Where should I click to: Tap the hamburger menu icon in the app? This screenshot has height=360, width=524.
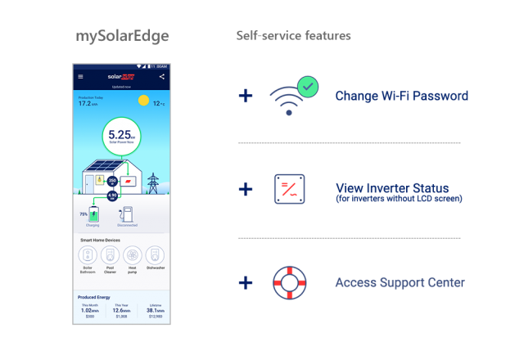[x=80, y=77]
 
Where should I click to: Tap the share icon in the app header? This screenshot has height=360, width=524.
[x=161, y=77]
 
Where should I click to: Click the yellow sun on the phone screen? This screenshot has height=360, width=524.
[x=144, y=101]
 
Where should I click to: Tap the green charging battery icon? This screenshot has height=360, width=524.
[x=97, y=215]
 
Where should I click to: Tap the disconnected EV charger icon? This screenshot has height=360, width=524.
[x=128, y=214]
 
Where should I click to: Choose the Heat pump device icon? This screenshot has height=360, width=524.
[x=132, y=254]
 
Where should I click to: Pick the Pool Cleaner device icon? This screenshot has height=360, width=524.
[x=110, y=254]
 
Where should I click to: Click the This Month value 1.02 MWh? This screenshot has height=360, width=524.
[x=89, y=310]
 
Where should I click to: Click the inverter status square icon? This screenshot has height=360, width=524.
[x=289, y=189]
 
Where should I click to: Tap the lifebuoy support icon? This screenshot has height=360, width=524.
[x=289, y=282]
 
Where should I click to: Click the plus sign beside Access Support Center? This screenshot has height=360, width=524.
[x=246, y=282]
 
